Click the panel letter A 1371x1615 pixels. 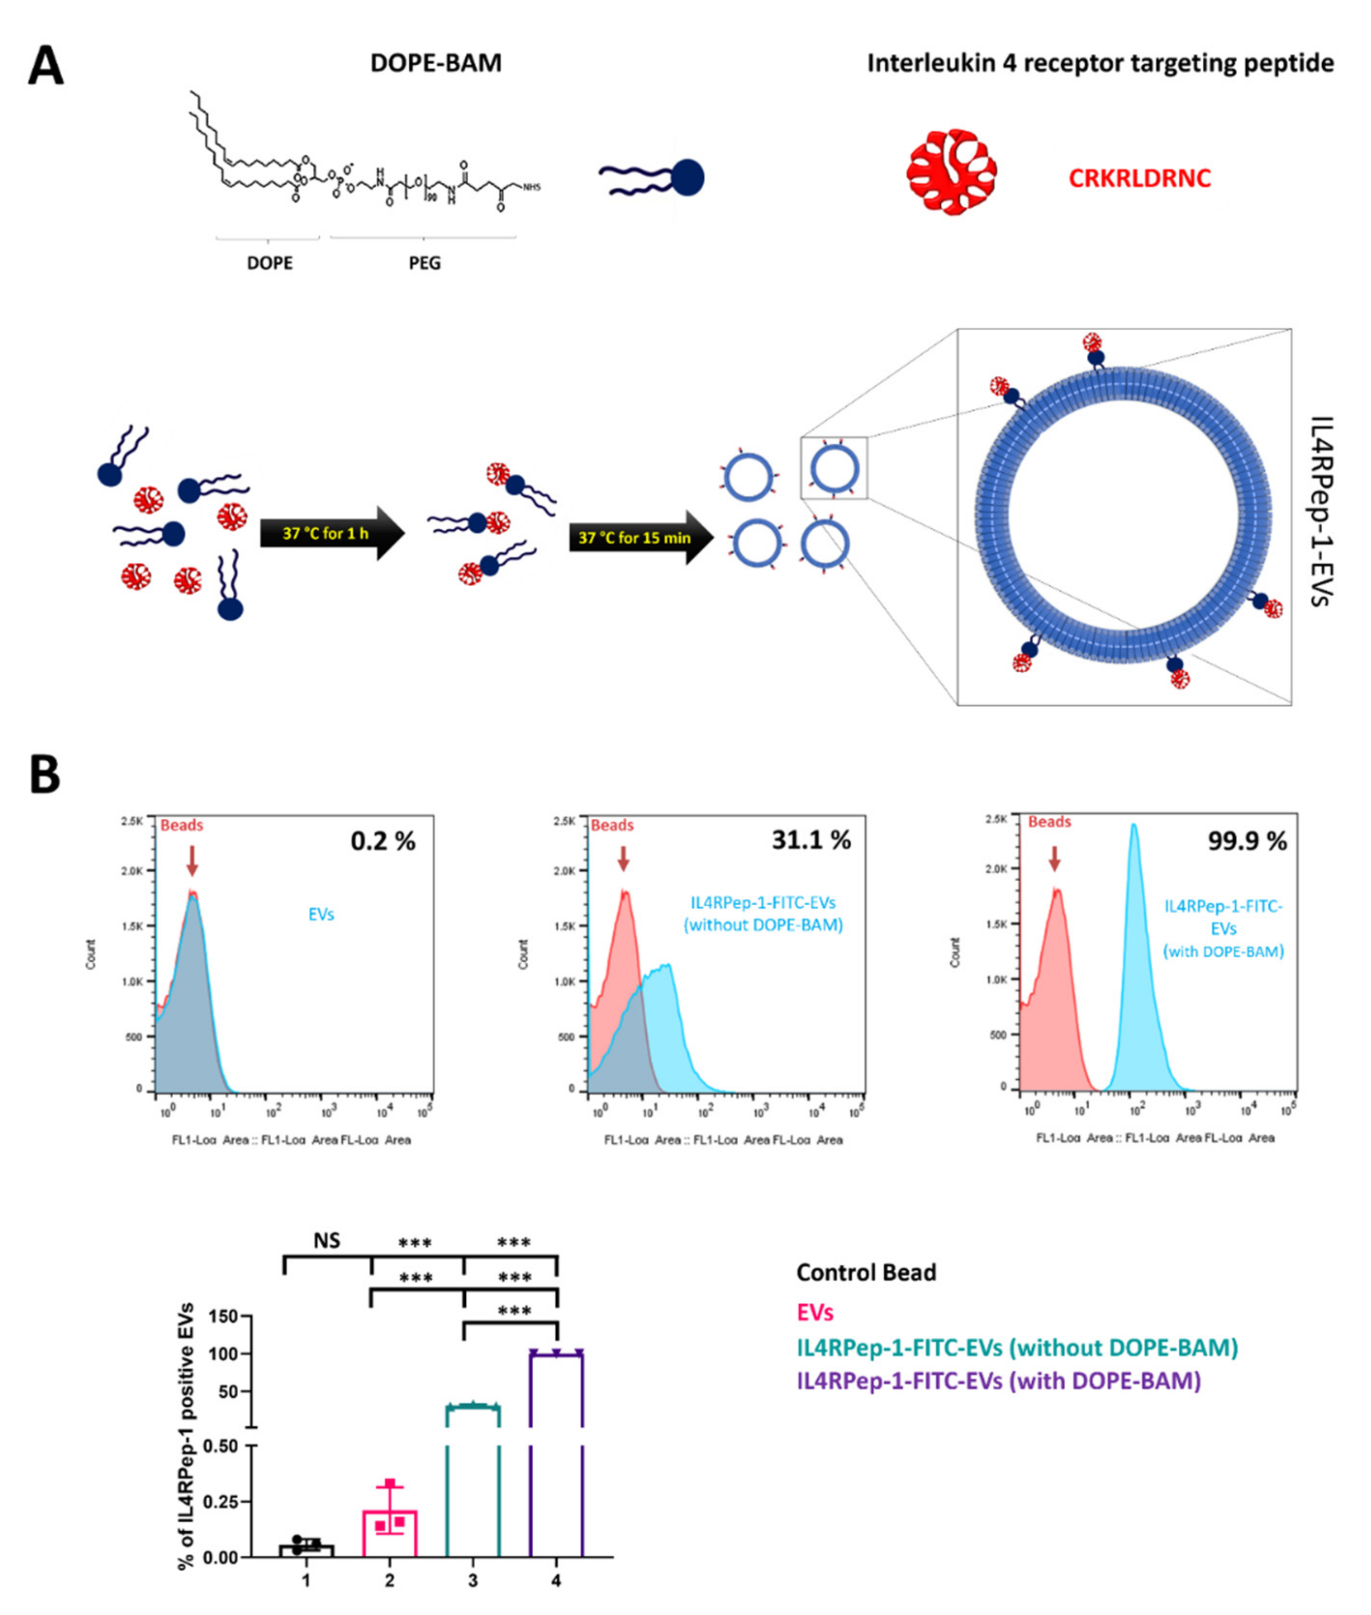point(45,66)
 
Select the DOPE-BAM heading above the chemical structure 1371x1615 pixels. point(435,63)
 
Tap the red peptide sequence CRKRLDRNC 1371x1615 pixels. point(1139,178)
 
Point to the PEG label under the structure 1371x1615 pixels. point(425,263)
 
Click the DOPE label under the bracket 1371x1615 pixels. point(270,263)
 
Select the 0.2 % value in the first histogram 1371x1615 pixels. point(382,840)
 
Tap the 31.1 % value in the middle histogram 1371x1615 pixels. point(811,840)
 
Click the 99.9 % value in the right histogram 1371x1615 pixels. point(1247,840)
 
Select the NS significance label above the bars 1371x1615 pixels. point(326,1240)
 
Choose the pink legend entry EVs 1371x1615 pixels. point(814,1313)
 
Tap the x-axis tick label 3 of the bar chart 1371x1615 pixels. point(472,1580)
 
